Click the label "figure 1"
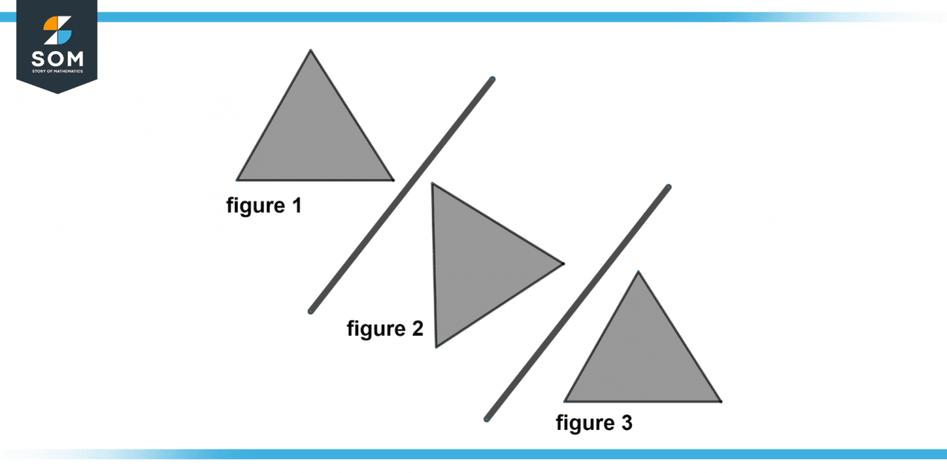[263, 206]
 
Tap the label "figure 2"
[384, 329]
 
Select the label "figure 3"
[594, 423]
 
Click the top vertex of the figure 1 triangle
[310, 50]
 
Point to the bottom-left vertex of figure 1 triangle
[237, 179]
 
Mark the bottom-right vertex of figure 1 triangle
[393, 179]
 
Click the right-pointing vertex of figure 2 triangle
[563, 263]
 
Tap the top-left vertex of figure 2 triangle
[432, 184]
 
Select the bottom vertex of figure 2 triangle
[436, 346]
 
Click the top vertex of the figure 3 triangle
[638, 272]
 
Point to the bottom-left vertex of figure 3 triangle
[565, 401]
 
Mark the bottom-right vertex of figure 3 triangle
[721, 401]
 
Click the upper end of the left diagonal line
[492, 79]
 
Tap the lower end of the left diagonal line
[311, 311]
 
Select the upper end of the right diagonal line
[668, 187]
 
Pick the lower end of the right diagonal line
[487, 419]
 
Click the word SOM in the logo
[57, 58]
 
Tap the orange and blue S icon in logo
[57, 31]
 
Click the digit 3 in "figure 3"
[627, 423]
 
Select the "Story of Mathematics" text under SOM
[57, 71]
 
